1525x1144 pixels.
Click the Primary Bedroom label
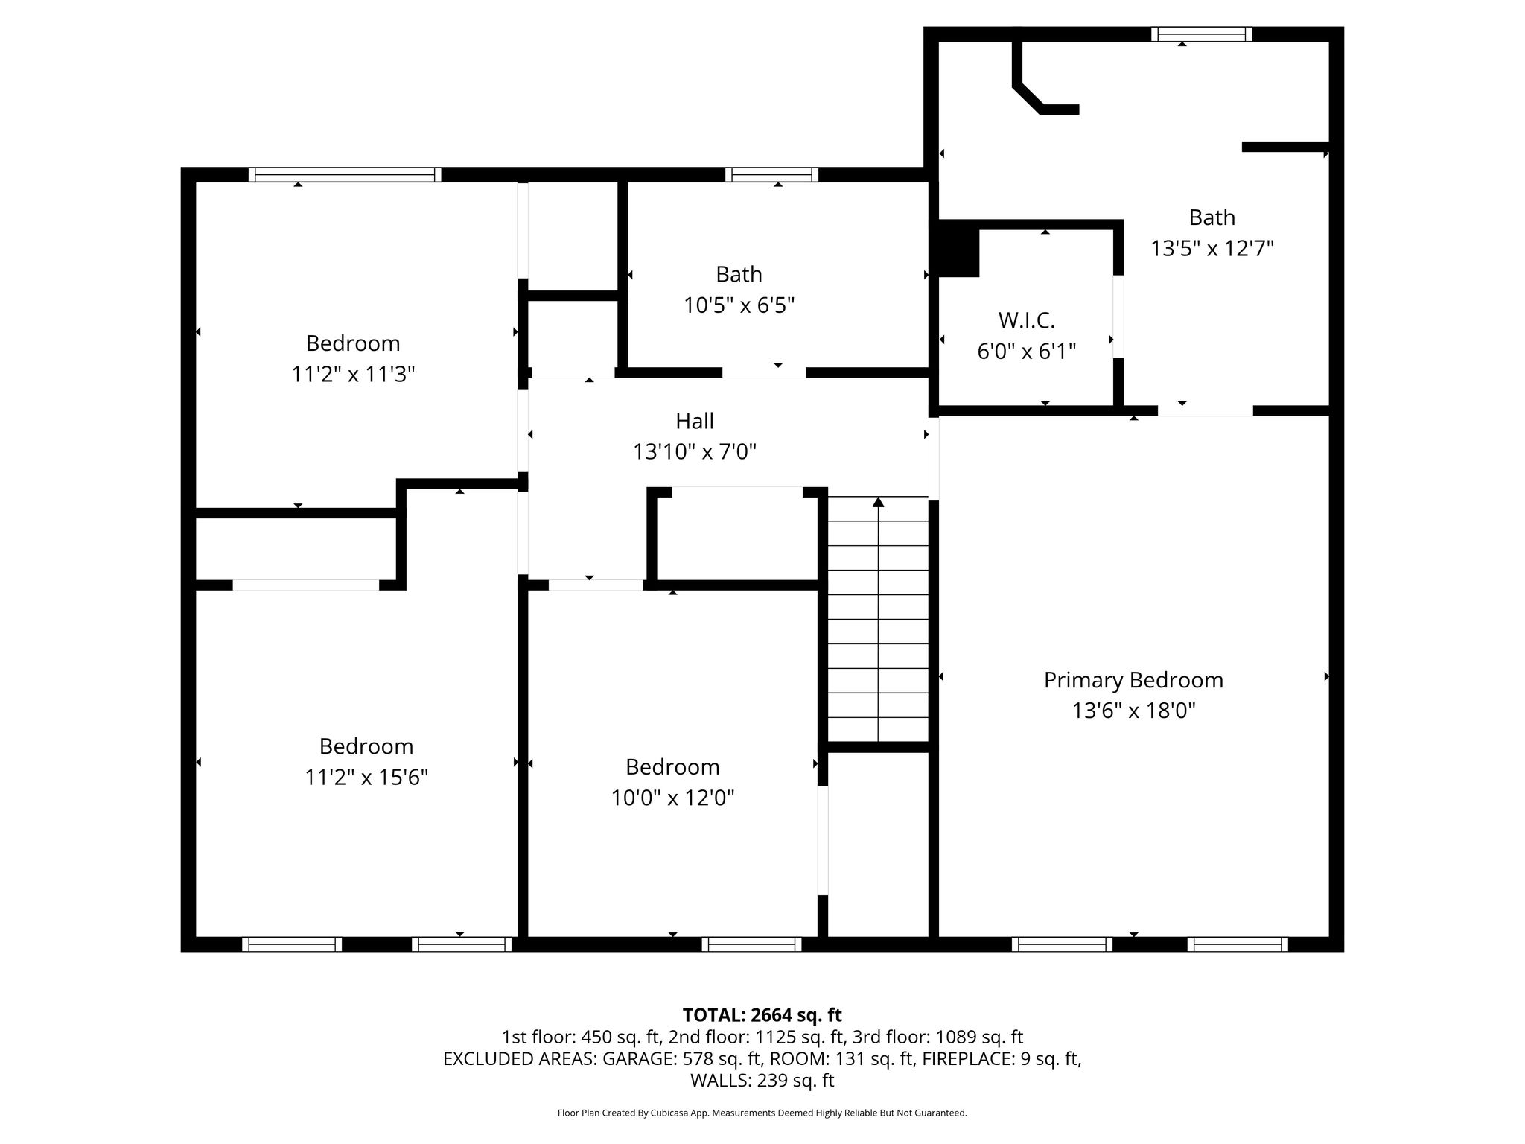tap(1133, 681)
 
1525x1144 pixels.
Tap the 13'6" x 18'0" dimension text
tap(1133, 711)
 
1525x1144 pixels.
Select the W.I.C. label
tap(1027, 320)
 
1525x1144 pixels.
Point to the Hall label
tap(695, 421)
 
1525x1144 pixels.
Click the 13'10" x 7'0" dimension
tap(695, 452)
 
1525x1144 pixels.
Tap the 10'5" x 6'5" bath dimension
tap(739, 305)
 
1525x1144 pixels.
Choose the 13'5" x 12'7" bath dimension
tap(1212, 248)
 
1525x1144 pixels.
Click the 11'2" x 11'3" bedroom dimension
tap(353, 374)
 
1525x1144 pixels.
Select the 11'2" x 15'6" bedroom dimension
tap(366, 778)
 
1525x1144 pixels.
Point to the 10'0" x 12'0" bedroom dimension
tap(673, 798)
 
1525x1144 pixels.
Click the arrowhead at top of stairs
tap(879, 502)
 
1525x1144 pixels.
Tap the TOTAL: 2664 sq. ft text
tap(762, 1015)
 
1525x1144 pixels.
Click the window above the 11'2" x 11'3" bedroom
tap(345, 175)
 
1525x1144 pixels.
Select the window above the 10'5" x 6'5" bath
tap(771, 175)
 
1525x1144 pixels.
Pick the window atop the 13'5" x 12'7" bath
tap(1201, 34)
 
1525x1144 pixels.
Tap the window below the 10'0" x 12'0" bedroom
tap(751, 944)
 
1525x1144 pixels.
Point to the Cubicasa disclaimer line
tap(762, 1113)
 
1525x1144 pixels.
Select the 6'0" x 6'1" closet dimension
tap(1027, 352)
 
